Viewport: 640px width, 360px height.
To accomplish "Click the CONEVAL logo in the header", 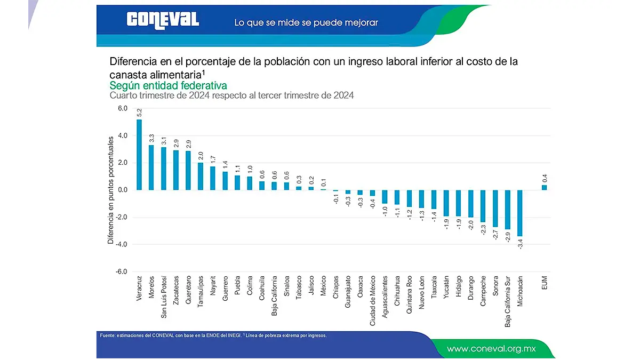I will coord(163,20).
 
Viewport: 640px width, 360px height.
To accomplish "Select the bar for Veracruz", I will coord(139,155).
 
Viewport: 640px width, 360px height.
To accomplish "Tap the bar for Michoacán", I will coord(519,213).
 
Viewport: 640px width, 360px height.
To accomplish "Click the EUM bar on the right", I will coord(544,187).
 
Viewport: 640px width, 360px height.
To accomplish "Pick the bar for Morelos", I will coord(151,167).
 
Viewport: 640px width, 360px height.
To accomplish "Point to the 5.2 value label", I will coord(139,113).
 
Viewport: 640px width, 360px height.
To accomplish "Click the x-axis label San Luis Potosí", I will coord(164,297).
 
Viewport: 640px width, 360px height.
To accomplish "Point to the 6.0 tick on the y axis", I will coord(122,109).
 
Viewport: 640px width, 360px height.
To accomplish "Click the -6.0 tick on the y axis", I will coord(122,271).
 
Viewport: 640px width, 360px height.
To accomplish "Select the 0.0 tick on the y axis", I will coord(122,190).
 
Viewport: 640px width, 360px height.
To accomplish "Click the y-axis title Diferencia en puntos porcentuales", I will coord(111,190).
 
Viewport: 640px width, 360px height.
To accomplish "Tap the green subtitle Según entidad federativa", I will coord(168,85).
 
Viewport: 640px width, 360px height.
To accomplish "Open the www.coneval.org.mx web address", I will coord(491,349).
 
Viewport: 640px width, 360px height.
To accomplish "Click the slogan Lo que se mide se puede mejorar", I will coord(306,23).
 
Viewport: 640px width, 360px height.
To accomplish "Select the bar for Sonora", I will coord(495,208).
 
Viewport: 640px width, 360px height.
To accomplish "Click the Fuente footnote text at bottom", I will coord(213,335).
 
